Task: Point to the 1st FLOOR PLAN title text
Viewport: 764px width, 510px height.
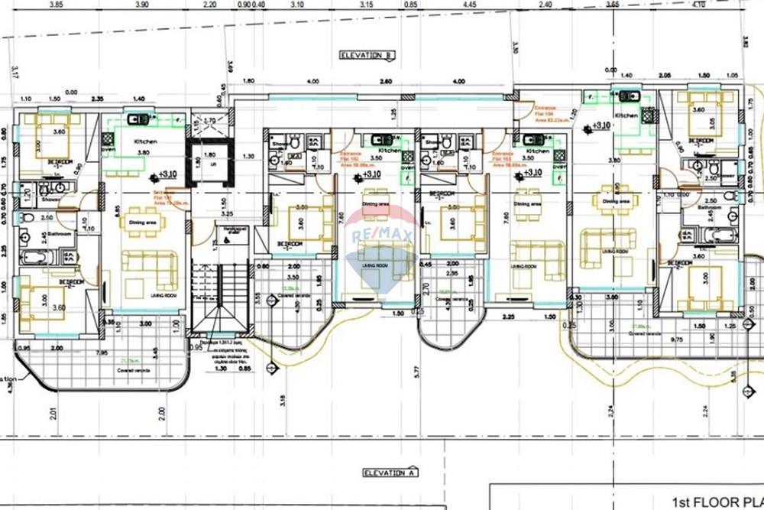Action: click(x=717, y=502)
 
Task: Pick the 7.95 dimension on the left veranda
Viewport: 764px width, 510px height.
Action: click(x=102, y=353)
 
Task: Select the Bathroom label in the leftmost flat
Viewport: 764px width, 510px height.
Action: click(x=58, y=234)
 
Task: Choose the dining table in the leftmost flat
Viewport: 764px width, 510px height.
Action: click(x=143, y=222)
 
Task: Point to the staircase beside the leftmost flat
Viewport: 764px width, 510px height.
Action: click(x=220, y=298)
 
